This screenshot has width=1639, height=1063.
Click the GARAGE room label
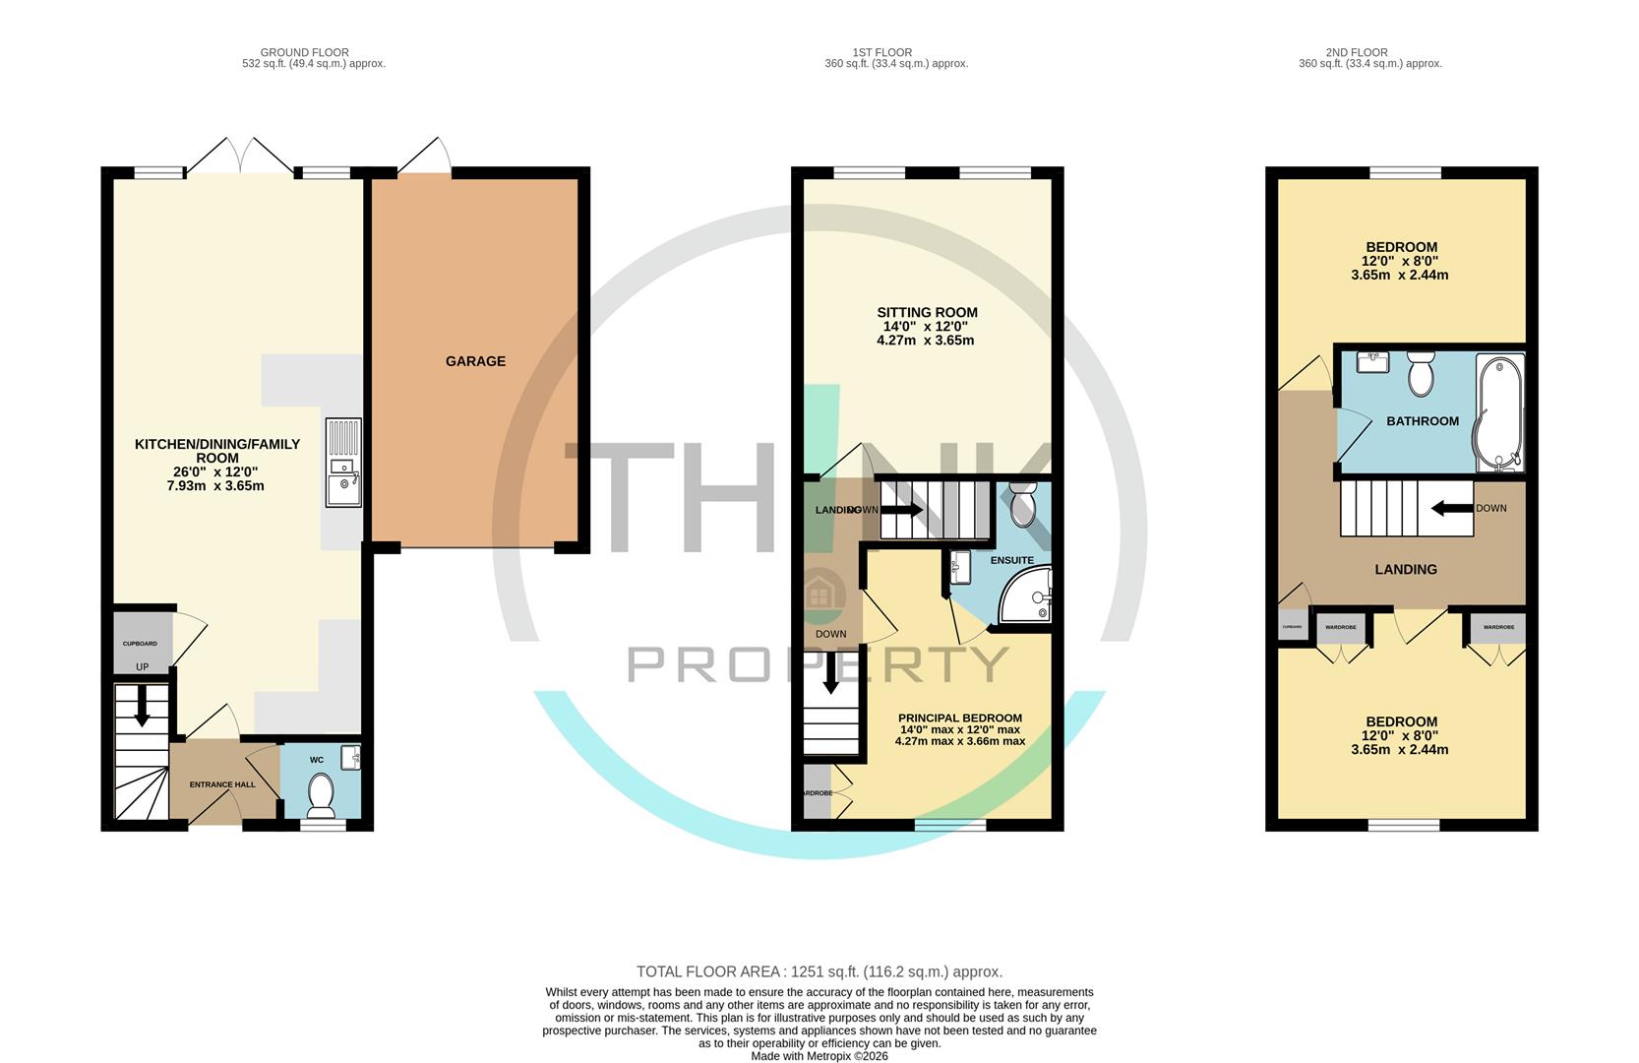[475, 361]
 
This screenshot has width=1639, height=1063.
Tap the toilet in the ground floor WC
[321, 795]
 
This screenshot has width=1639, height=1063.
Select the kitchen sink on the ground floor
[343, 477]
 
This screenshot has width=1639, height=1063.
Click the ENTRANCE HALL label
[222, 784]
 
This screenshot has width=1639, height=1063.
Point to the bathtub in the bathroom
[1498, 413]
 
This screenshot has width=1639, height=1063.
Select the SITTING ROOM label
[927, 313]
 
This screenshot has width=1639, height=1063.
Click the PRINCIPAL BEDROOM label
[959, 719]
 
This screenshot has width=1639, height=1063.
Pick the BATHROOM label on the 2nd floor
[1422, 421]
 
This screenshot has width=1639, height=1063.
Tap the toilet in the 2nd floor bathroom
[1420, 373]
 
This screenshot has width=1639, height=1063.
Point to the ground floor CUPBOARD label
[140, 644]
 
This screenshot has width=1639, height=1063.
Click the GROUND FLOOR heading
[304, 52]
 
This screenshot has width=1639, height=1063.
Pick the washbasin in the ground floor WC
[351, 757]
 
